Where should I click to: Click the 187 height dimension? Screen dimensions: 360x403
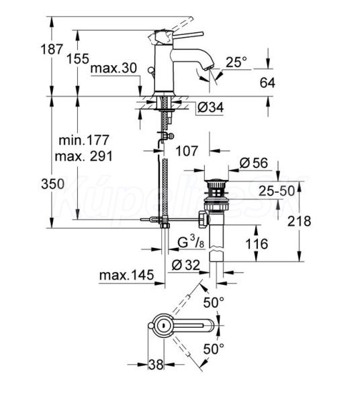coord(52,49)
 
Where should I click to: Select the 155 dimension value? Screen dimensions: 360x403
coord(78,58)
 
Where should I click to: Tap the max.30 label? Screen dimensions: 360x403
coord(114,69)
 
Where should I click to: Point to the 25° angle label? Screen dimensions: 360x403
coord(236,62)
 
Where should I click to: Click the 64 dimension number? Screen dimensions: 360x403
coord(267,83)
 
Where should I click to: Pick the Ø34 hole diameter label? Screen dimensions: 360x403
coord(211,107)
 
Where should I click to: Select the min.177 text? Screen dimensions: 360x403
coord(84,140)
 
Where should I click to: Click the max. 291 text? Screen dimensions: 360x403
coord(84,156)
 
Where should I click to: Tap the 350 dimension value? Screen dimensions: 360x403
coord(52,184)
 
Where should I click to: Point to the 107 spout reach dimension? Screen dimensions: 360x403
coord(187,151)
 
